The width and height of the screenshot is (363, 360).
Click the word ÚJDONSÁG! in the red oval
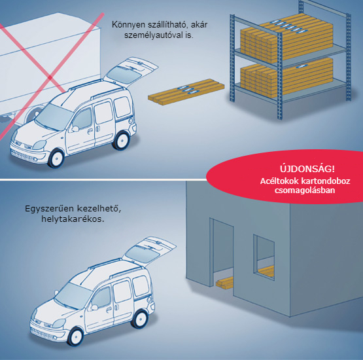(307, 169)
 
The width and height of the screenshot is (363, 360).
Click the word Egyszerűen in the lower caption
(49, 209)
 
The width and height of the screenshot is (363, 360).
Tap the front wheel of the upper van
(56, 158)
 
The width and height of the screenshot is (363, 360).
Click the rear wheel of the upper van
(121, 140)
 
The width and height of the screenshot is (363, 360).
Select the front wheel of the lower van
(75, 337)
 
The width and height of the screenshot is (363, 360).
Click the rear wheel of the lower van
(140, 319)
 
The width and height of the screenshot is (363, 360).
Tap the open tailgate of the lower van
(149, 251)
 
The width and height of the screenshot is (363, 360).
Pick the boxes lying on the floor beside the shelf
(186, 92)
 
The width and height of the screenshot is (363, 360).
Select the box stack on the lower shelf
(286, 77)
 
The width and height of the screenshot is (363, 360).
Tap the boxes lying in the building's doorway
(224, 283)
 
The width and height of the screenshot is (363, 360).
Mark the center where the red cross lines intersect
(50, 77)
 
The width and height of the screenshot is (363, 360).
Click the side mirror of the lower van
(94, 308)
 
